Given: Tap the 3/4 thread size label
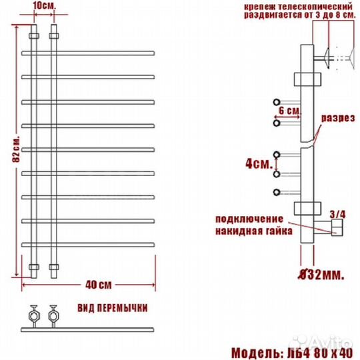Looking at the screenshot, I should (337, 215).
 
